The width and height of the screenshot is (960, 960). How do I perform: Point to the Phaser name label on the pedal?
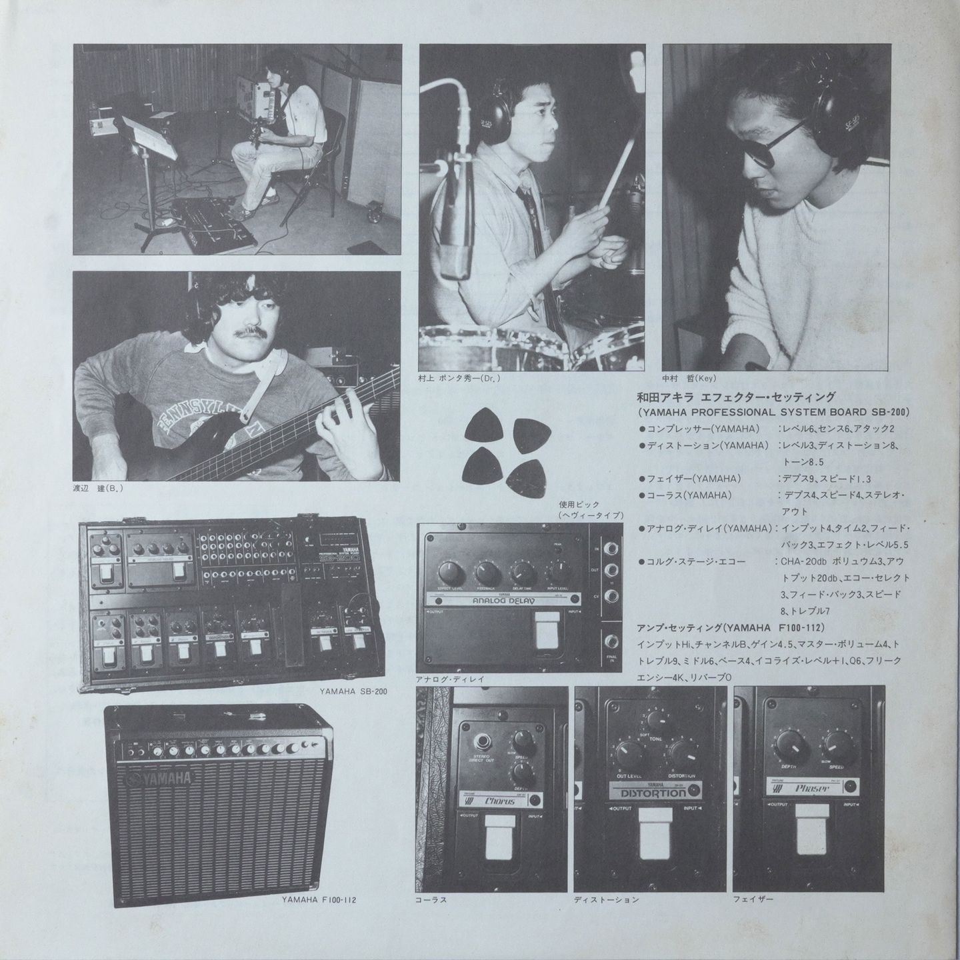tap(812, 788)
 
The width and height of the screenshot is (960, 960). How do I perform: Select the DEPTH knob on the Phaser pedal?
tap(786, 742)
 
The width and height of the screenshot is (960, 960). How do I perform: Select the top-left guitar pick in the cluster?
tap(481, 427)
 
